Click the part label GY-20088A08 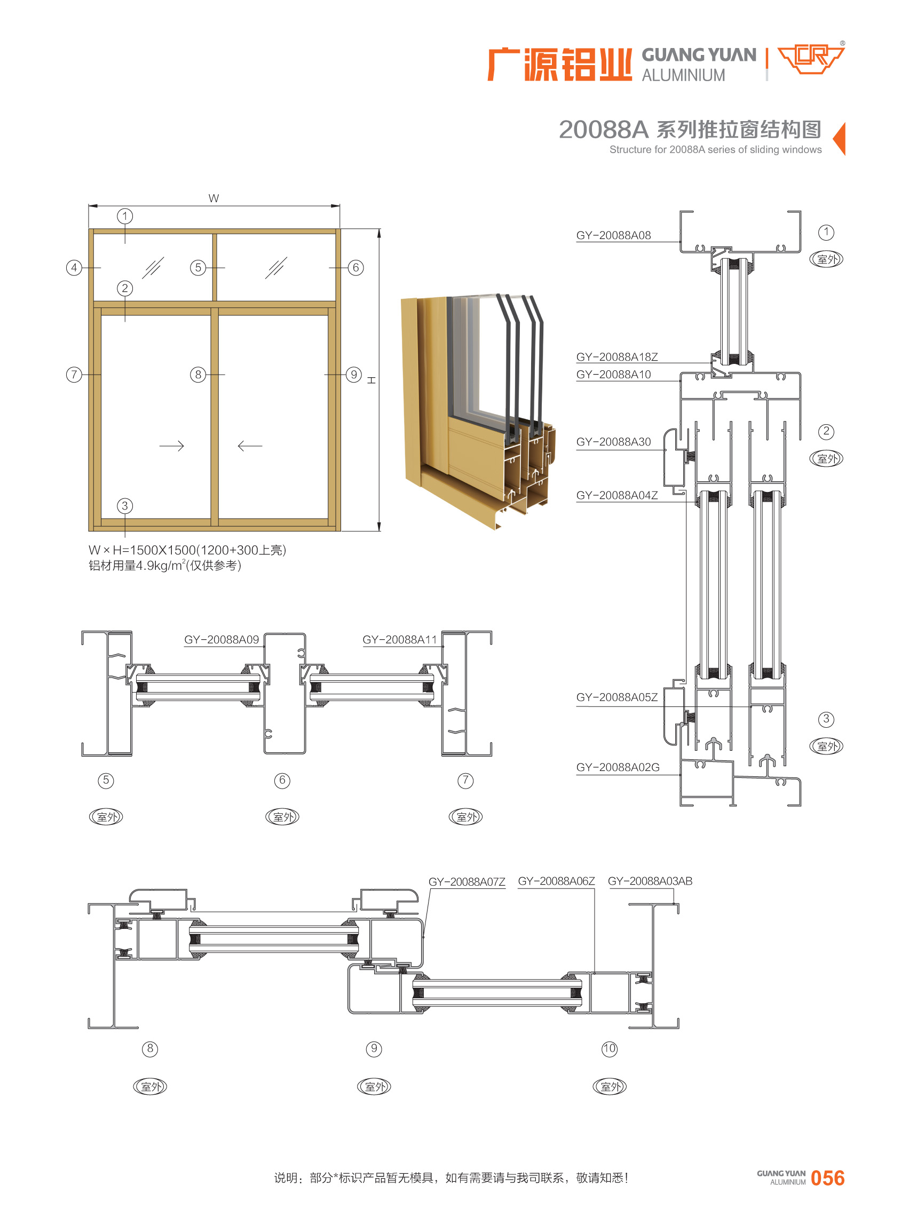click(613, 235)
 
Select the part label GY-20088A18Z click(617, 357)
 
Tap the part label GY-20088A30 click(613, 442)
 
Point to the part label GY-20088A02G click(618, 767)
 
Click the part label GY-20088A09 click(221, 640)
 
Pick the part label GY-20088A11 click(399, 640)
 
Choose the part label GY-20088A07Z click(467, 882)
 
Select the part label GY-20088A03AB click(650, 881)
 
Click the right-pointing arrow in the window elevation click(172, 446)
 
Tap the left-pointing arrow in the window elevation click(250, 446)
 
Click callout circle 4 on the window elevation click(74, 268)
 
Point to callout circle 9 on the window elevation click(354, 375)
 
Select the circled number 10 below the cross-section click(609, 1048)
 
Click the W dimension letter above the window click(214, 198)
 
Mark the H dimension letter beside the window click(372, 380)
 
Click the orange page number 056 click(827, 1178)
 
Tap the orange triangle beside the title click(839, 139)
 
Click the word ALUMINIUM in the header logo click(683, 75)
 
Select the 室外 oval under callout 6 click(282, 817)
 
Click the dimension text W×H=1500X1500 click(142, 550)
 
